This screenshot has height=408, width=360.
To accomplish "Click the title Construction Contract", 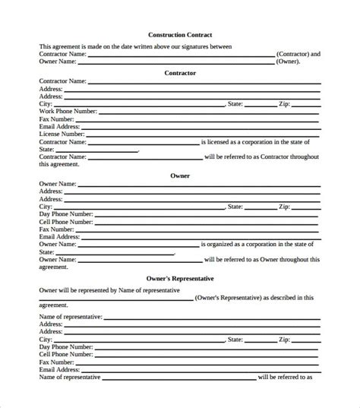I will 180,35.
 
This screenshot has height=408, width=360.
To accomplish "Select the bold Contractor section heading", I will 180,72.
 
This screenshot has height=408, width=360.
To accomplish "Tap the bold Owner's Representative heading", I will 180,278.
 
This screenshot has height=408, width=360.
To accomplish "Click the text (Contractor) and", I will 298,55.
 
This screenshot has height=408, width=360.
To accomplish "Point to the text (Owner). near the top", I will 288,62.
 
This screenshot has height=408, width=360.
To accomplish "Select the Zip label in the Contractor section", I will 283,103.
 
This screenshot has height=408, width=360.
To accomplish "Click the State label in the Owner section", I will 235,206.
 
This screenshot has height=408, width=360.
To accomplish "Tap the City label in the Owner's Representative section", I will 46,340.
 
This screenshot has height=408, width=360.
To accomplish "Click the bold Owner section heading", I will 180,176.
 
